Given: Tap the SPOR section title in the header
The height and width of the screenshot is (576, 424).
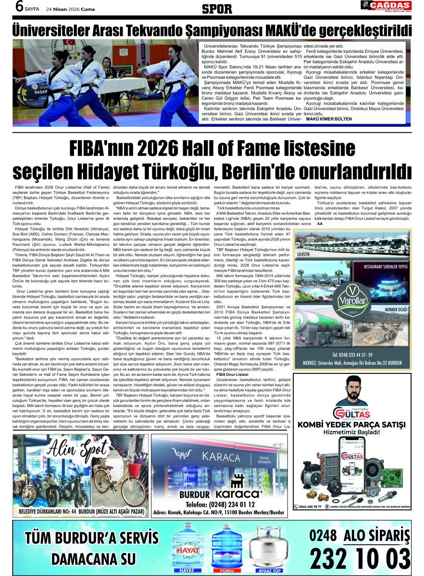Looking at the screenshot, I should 216,8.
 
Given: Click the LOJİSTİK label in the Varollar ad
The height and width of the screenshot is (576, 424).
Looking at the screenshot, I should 304,253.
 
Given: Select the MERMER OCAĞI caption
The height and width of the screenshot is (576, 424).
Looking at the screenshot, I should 396,310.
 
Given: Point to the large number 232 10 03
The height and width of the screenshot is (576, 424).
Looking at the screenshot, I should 360,559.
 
